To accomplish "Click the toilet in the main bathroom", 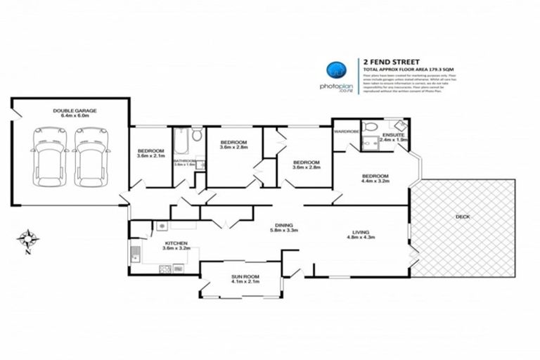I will click(x=197, y=134).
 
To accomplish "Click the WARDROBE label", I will click(x=346, y=131).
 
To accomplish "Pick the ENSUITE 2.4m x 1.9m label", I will click(x=394, y=137).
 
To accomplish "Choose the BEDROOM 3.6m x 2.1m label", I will click(x=150, y=153).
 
